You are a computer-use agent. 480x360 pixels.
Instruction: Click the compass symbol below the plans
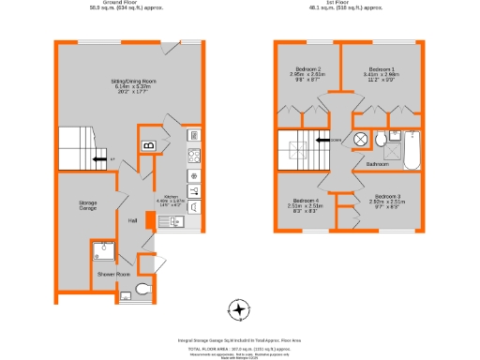(240, 308)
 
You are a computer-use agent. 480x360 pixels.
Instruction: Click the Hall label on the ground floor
(133, 220)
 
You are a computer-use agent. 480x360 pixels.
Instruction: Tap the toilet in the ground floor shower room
(142, 288)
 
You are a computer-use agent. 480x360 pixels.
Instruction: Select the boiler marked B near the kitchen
(148, 145)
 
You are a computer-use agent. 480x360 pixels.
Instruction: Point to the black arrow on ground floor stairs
(98, 160)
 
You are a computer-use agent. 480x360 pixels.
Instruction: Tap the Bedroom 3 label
(385, 200)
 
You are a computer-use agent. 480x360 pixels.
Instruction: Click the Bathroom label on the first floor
(378, 164)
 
